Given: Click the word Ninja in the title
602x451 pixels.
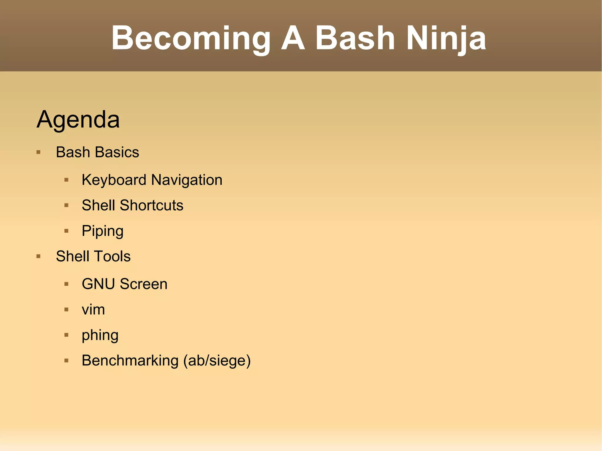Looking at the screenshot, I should click(446, 38).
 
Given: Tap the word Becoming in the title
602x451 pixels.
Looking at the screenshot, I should click(190, 38).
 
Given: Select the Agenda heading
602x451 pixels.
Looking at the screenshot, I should click(78, 119).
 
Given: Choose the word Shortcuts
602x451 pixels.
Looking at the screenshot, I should click(151, 205).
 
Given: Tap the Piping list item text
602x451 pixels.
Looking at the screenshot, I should click(103, 231).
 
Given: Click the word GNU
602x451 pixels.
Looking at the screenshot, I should click(98, 284).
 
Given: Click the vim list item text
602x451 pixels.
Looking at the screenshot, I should click(93, 309).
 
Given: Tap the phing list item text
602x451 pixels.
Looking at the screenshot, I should click(100, 335).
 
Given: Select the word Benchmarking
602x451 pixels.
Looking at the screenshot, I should click(130, 361).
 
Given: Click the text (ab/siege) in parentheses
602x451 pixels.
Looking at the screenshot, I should click(217, 361).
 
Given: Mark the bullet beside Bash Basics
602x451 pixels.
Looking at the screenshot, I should click(39, 152).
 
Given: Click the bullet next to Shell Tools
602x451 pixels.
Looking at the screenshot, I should click(39, 256).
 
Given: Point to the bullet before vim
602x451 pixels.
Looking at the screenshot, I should click(66, 309).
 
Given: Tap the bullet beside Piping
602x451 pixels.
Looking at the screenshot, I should click(66, 231).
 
